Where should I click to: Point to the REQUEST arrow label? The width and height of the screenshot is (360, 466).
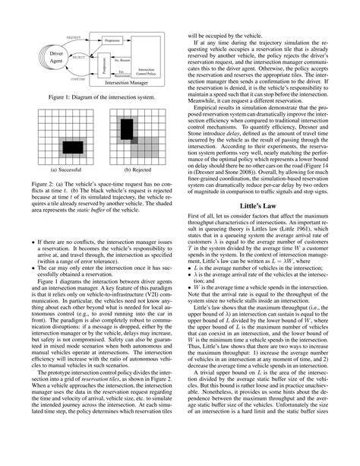75,36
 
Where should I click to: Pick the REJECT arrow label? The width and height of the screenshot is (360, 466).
77,55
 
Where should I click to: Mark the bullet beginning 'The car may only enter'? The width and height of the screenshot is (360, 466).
102,268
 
